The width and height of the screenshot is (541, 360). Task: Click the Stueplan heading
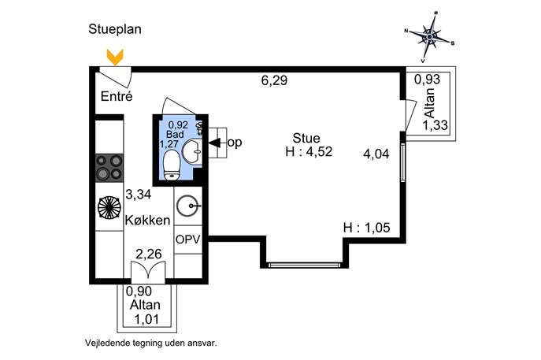(x=115, y=31)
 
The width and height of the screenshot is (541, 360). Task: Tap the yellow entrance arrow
(x=115, y=57)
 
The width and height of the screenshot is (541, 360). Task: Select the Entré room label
(x=117, y=97)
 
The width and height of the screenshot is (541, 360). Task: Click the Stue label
(x=306, y=138)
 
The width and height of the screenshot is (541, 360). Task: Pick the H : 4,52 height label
(x=309, y=153)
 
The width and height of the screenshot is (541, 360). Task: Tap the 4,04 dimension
(x=376, y=154)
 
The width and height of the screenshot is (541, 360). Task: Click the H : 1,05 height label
(x=366, y=228)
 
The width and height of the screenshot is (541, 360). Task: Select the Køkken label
(x=147, y=221)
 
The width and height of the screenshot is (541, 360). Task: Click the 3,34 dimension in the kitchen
(x=138, y=195)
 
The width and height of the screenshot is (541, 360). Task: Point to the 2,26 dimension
(x=148, y=254)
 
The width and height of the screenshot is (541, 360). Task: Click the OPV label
(x=188, y=239)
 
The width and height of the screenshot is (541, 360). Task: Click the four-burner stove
(x=109, y=166)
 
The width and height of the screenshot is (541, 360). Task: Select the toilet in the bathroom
(x=169, y=164)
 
